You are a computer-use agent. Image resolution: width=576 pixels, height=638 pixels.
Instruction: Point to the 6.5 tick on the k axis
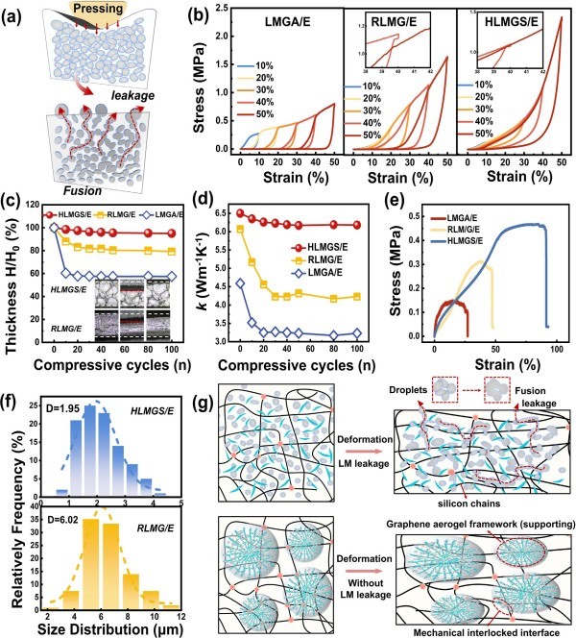227,213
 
